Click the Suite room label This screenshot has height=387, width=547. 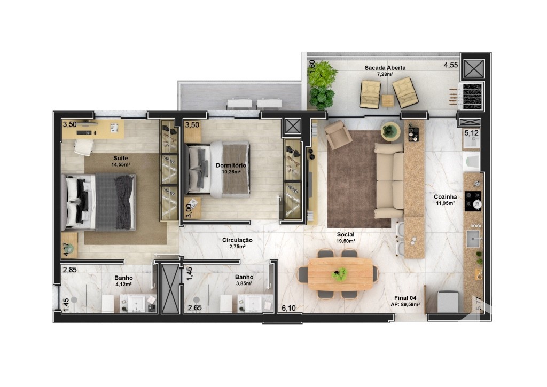point(121,159)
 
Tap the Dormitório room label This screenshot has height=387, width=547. point(231,165)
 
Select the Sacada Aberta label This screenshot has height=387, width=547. point(385,68)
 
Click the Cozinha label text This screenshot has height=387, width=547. point(446,196)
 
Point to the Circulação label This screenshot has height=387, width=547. point(237,240)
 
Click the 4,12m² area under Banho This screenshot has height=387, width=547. point(123,284)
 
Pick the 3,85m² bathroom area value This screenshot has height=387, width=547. point(244,283)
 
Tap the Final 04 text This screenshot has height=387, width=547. point(405,298)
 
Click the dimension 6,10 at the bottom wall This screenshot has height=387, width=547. point(288,308)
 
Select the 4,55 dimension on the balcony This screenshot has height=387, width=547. point(451,65)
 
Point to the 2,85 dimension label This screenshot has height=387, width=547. point(70,270)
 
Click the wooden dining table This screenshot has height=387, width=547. point(340,274)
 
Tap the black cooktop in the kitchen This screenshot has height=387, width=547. point(473,201)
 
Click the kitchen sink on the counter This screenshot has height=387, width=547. point(473,239)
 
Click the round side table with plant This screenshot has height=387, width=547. point(390,131)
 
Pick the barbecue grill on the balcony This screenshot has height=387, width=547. point(472,97)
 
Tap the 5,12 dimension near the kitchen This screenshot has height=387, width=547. point(471,133)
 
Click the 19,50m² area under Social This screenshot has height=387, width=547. point(346,241)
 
